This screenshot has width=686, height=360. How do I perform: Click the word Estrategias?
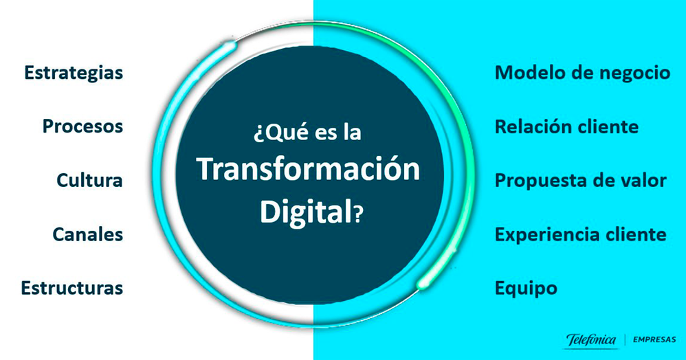pyautogui.click(x=74, y=74)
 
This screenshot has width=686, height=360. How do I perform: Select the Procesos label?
pyautogui.click(x=82, y=127)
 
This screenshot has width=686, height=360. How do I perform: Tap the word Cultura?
pyautogui.click(x=90, y=181)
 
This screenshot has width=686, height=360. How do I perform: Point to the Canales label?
pyautogui.click(x=88, y=234)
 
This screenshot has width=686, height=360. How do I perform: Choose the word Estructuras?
pyautogui.click(x=72, y=287)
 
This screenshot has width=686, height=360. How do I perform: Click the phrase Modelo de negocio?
pyautogui.click(x=582, y=74)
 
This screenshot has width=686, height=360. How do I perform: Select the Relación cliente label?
pyautogui.click(x=566, y=127)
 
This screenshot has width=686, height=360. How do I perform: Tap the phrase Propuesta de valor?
pyautogui.click(x=581, y=181)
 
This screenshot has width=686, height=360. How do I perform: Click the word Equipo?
pyautogui.click(x=526, y=288)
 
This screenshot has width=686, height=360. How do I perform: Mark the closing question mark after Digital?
pyautogui.click(x=357, y=214)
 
